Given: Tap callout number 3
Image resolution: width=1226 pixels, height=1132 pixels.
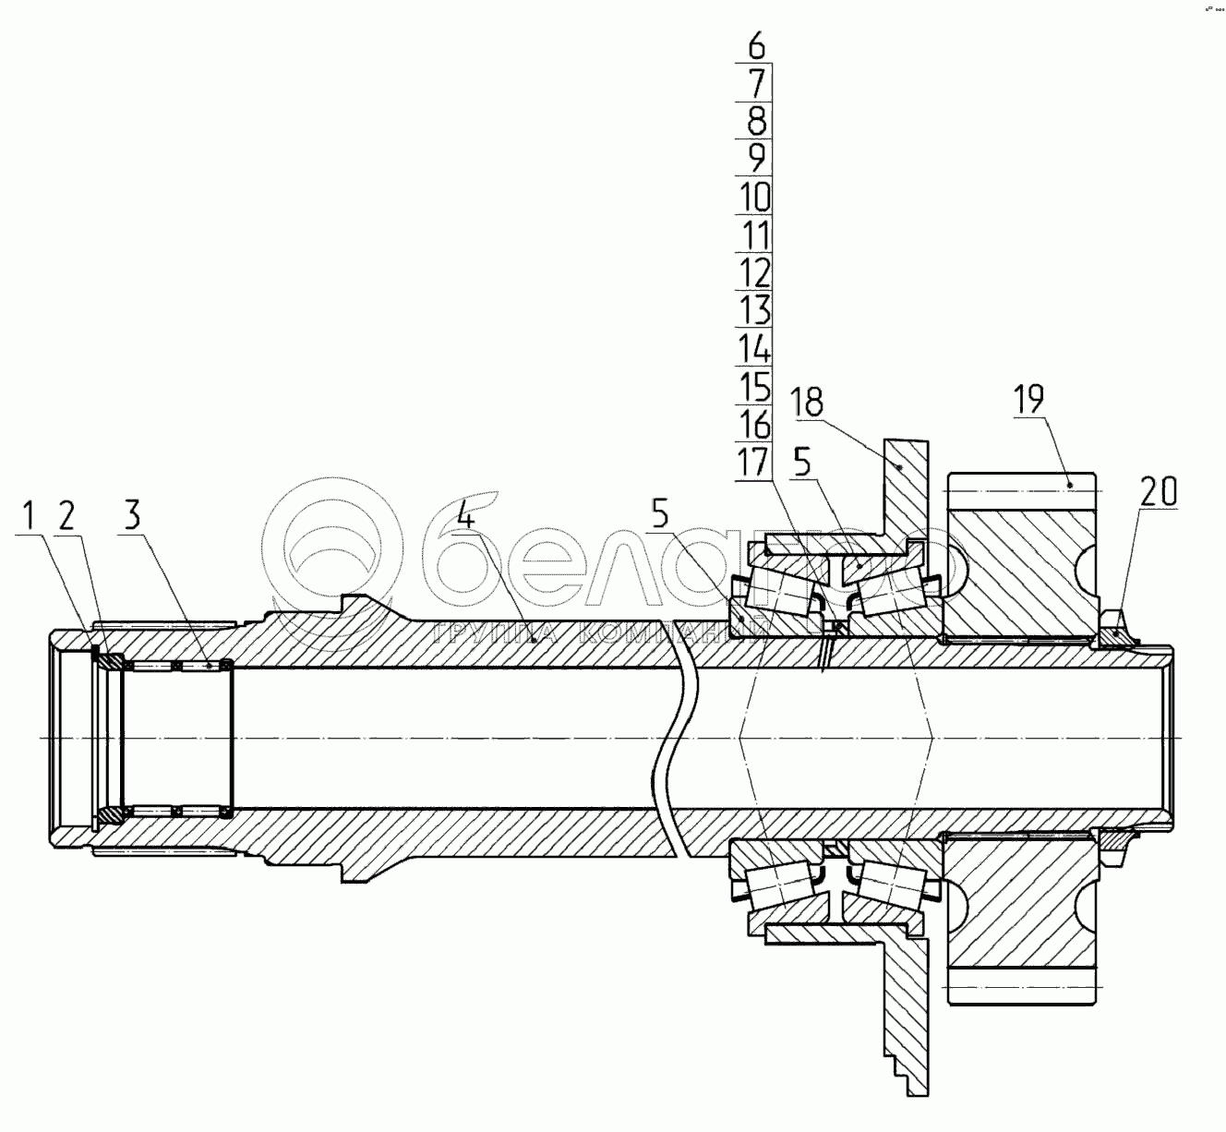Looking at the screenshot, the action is [x=133, y=514].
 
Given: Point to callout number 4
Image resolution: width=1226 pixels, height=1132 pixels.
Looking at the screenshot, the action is [x=465, y=514].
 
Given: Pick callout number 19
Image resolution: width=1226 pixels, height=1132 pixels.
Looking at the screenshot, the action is [x=1028, y=399].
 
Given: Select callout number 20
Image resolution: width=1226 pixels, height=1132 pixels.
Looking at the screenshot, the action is [x=1158, y=491].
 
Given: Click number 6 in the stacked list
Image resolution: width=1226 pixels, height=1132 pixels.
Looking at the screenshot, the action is [x=756, y=44].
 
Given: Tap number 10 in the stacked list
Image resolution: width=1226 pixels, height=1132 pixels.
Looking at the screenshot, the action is [x=755, y=197].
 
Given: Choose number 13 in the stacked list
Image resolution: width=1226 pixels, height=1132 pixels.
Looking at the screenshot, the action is [x=755, y=310].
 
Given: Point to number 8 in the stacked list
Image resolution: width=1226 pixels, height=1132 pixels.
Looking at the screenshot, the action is [x=756, y=121].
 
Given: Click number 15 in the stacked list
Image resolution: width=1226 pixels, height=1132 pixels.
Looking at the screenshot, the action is [x=755, y=386].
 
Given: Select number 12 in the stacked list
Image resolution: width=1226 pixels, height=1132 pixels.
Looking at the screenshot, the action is [x=755, y=273].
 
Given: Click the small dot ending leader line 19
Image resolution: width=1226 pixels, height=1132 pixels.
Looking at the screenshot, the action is [x=1071, y=483].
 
